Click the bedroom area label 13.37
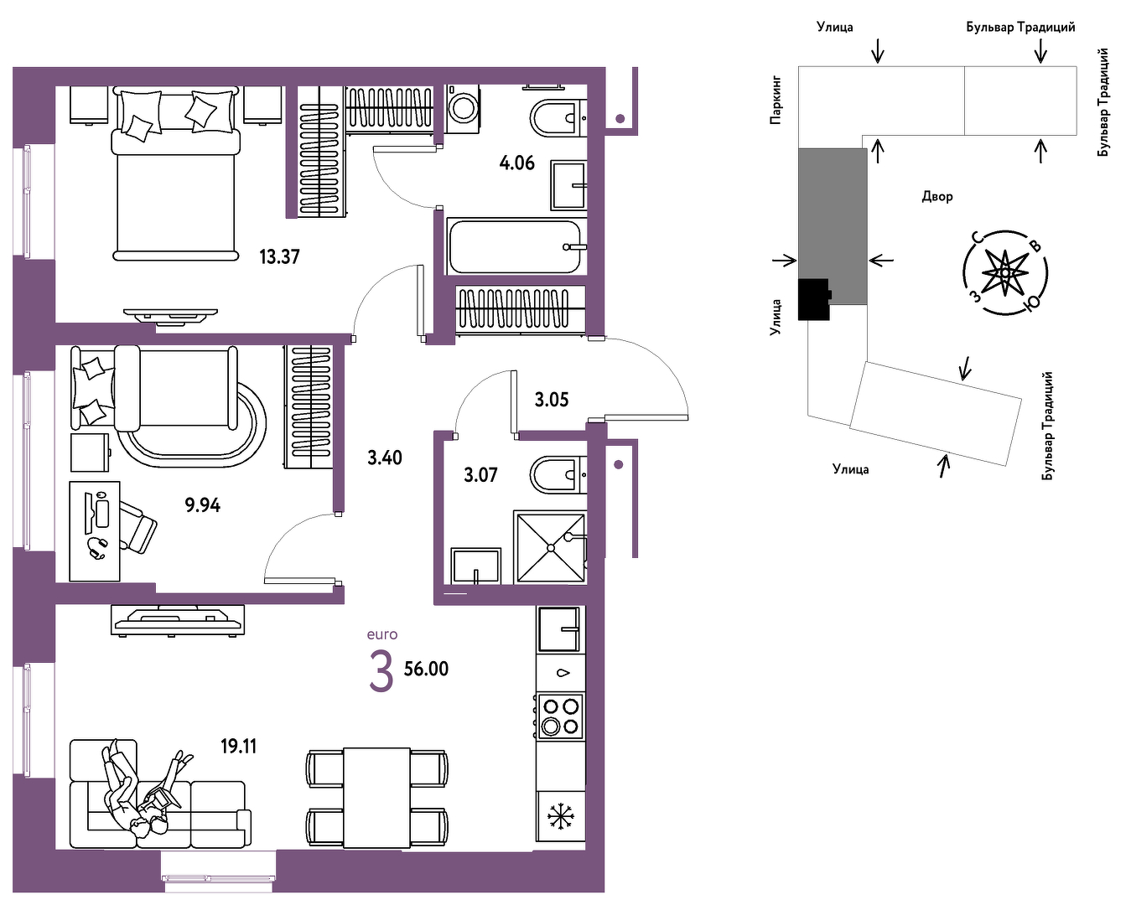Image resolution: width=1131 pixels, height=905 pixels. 279,257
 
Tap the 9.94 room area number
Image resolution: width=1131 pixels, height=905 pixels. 202,504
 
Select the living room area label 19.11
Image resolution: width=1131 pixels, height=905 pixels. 239,746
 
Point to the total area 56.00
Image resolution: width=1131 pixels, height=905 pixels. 426,669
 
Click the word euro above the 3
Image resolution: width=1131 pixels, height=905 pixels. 382,634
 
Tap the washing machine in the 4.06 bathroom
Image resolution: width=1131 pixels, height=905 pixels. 463,109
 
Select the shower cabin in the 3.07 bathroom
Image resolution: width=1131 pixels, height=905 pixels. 550,548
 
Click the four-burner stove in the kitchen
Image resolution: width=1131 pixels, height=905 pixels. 560,716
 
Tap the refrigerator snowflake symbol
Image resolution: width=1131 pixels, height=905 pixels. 561,816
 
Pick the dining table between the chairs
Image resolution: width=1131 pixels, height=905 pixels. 376,798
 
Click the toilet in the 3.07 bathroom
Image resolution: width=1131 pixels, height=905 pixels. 558,475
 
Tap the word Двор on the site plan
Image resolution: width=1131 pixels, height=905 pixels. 937,196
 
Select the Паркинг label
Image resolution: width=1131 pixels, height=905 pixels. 776,100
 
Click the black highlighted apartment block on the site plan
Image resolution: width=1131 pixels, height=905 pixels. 813,299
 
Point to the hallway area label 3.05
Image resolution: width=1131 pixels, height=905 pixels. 552,401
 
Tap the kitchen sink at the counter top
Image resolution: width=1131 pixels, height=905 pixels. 560,628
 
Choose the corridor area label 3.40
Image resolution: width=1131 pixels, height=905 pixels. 384,458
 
